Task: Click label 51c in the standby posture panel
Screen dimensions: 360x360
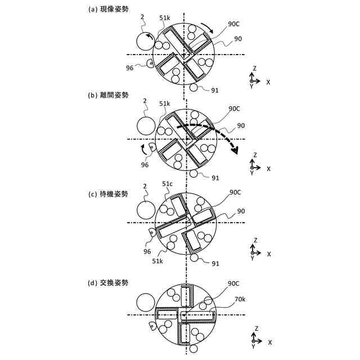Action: (x=167, y=184)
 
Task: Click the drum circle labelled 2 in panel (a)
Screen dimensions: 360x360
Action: (x=146, y=42)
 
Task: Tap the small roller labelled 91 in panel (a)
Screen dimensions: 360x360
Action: (x=194, y=88)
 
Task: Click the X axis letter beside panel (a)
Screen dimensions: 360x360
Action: (x=268, y=82)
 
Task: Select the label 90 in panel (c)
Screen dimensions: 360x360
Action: (x=240, y=211)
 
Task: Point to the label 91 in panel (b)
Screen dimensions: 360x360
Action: (x=214, y=178)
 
